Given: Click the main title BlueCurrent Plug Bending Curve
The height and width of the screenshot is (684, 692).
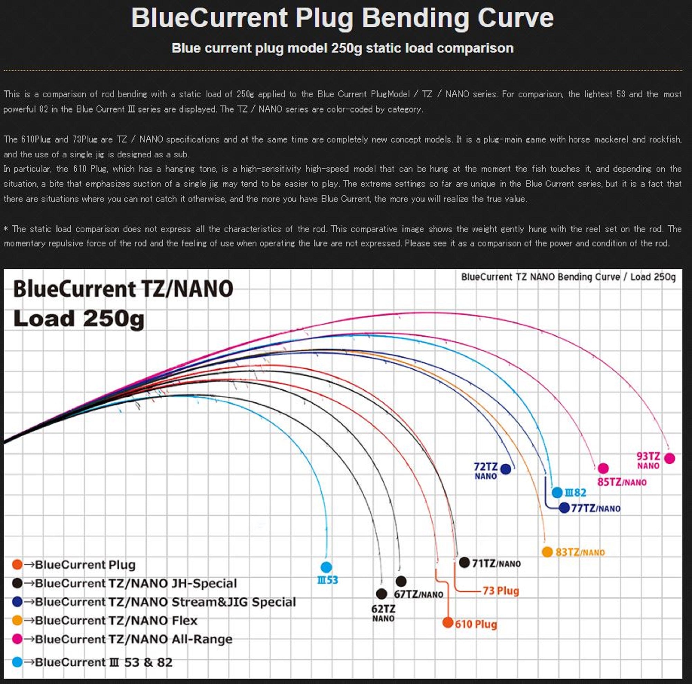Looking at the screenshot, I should (x=342, y=18).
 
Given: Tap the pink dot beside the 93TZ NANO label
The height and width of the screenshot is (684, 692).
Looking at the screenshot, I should (x=669, y=458).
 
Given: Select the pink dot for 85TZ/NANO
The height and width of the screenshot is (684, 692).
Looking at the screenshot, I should (x=603, y=468).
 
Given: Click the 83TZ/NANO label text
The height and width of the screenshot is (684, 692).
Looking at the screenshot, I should (x=580, y=552).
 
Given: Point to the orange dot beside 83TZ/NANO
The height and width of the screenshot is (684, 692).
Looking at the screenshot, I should (x=547, y=552).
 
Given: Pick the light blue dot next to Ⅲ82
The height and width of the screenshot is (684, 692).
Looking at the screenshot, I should (x=557, y=492).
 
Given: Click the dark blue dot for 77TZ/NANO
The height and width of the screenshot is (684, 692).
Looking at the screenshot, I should (x=564, y=508).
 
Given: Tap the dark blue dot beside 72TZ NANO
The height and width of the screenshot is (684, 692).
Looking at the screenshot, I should (x=506, y=469).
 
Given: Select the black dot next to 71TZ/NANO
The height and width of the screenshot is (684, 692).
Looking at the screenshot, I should (x=464, y=562).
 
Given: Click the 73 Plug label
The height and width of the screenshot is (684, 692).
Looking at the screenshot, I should (x=500, y=591).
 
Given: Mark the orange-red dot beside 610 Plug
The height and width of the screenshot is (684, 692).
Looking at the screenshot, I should (x=448, y=622).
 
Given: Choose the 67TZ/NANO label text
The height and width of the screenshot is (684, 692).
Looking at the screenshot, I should (x=418, y=594).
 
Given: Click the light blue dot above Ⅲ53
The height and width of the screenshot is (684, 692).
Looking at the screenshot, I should (x=326, y=567).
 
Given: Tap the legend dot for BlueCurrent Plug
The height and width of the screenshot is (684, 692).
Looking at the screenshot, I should (x=17, y=565).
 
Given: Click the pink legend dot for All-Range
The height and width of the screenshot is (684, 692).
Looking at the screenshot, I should (x=17, y=639).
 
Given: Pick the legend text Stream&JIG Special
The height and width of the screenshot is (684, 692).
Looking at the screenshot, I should (x=234, y=602).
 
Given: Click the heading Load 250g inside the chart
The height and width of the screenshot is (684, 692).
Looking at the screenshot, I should (x=79, y=318).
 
